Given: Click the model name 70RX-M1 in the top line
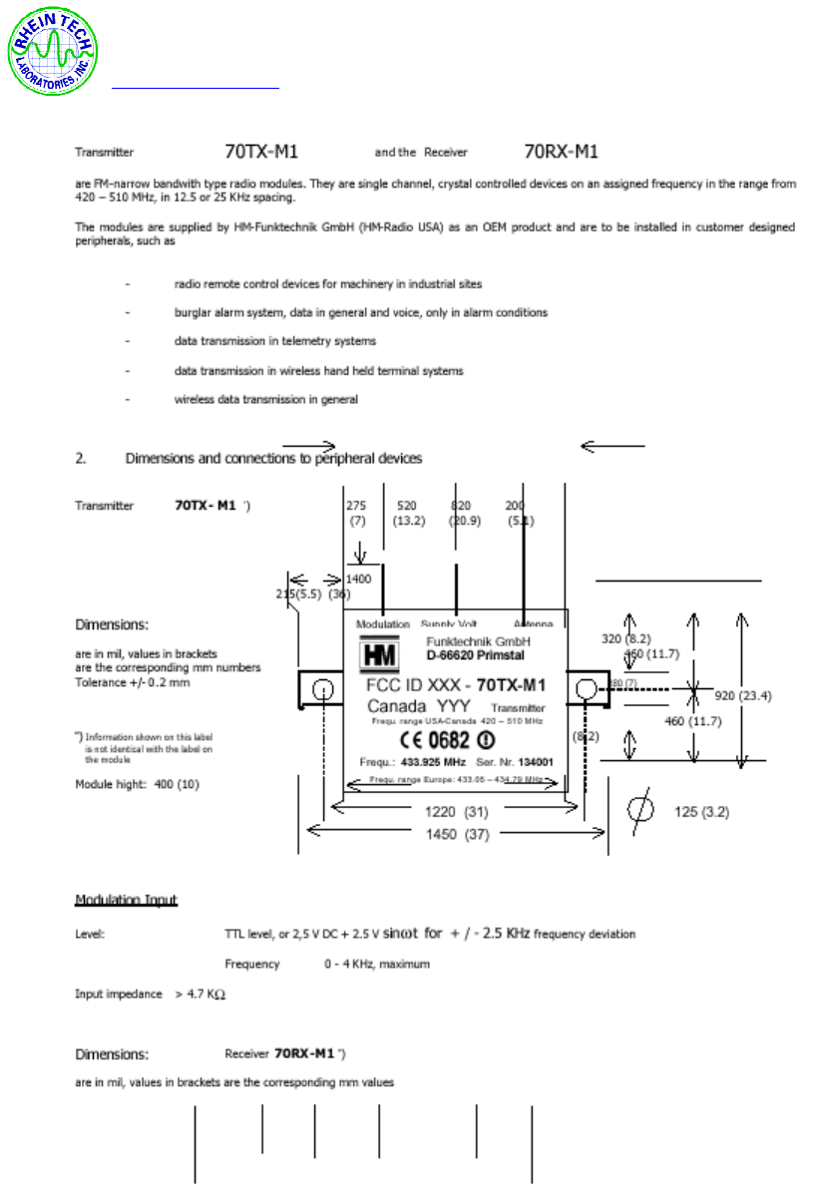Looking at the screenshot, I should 561,153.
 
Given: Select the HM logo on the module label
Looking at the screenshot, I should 380,652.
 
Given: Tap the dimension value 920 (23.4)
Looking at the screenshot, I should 743,694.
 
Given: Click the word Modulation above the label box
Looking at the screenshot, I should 382,623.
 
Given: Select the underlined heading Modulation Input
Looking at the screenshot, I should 126,901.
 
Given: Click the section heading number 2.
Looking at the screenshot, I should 81,459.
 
